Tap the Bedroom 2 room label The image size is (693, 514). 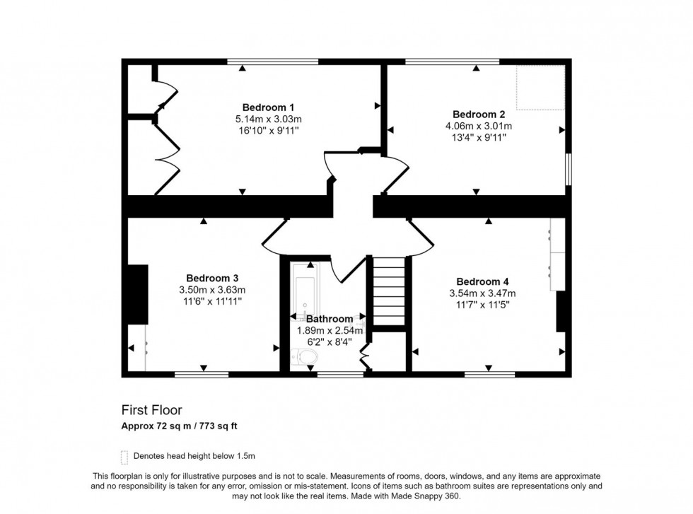click(x=479, y=114)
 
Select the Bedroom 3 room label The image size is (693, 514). click(x=212, y=278)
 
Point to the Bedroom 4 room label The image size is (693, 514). click(x=482, y=281)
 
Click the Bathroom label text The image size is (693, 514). click(x=330, y=319)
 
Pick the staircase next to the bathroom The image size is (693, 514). click(x=389, y=290)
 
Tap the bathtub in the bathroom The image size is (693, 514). click(x=305, y=290)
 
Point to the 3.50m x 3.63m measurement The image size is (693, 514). click(x=212, y=290)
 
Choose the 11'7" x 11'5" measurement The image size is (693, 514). click(x=482, y=305)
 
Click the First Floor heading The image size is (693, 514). click(x=152, y=410)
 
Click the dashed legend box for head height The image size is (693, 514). click(x=125, y=456)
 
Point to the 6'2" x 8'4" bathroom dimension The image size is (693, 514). click(x=330, y=341)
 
